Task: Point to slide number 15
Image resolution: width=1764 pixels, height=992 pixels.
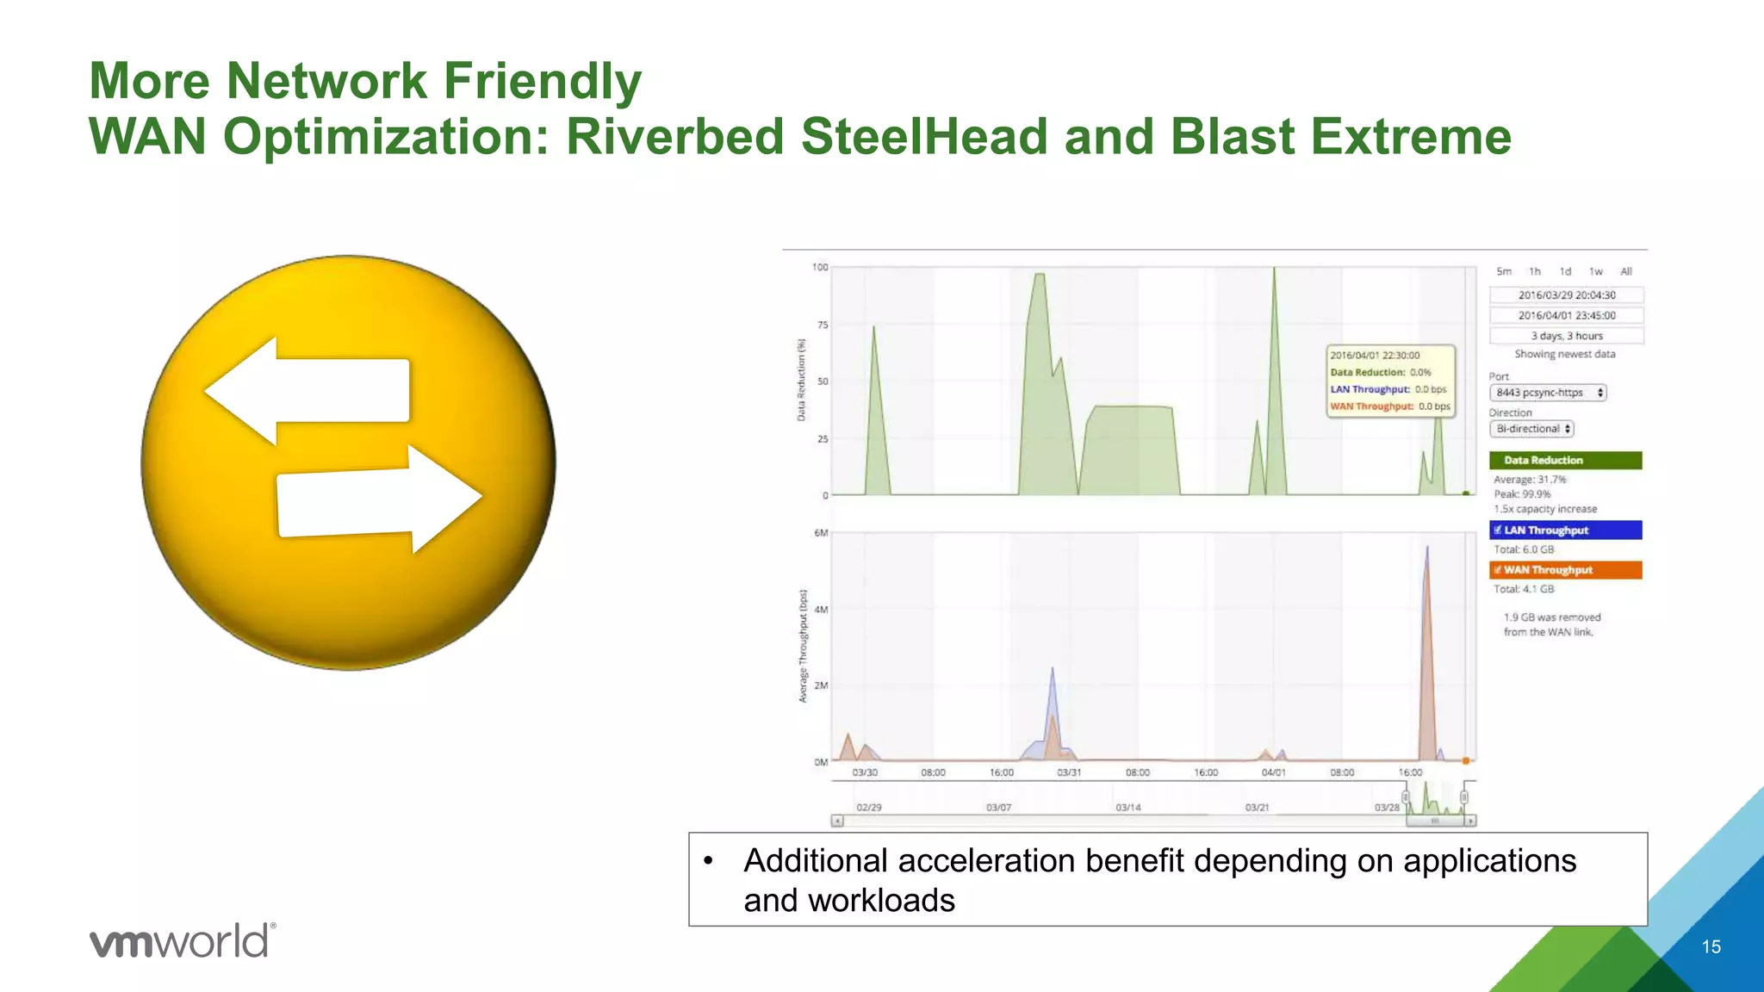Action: (x=1711, y=947)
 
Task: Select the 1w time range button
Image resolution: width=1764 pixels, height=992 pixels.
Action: (x=1595, y=271)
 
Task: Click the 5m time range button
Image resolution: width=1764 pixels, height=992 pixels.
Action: (x=1504, y=271)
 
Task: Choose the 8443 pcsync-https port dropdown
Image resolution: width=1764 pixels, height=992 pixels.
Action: (x=1548, y=393)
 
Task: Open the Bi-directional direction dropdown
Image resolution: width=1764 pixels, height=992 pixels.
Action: (x=1531, y=429)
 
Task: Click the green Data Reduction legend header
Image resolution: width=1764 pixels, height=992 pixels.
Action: (x=1565, y=461)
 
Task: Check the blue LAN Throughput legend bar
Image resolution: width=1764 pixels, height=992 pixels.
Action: (x=1565, y=530)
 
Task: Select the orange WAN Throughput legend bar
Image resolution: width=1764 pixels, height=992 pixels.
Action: (x=1565, y=570)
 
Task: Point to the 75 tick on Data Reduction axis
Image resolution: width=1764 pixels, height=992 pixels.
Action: (x=823, y=325)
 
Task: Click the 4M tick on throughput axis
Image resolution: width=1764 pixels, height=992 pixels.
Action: (x=821, y=610)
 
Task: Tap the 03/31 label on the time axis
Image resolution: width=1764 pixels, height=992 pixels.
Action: (x=1069, y=773)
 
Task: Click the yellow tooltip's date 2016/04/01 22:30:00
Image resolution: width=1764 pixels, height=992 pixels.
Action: (x=1375, y=356)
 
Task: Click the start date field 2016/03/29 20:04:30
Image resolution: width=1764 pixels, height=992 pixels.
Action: (x=1566, y=295)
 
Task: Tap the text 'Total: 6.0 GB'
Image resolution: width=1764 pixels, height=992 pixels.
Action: (x=1524, y=549)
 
